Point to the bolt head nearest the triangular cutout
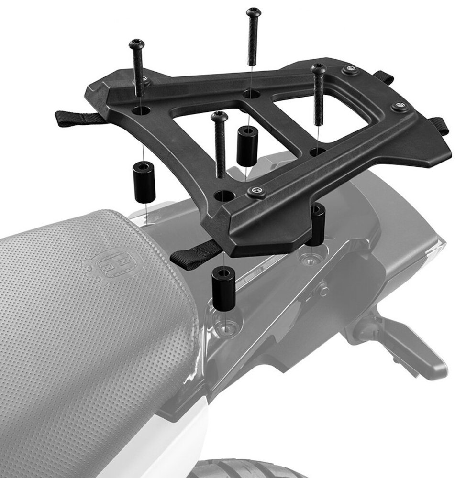(220, 116)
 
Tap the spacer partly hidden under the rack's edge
(316, 225)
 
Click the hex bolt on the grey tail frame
(323, 288)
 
